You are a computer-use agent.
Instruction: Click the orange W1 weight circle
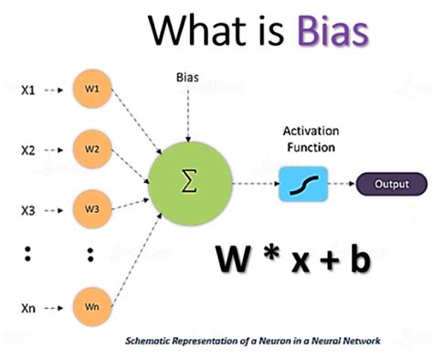pyautogui.click(x=92, y=89)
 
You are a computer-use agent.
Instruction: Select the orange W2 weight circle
pyautogui.click(x=92, y=149)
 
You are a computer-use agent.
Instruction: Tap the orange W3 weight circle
pyautogui.click(x=92, y=209)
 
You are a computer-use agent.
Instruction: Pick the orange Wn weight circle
pyautogui.click(x=92, y=307)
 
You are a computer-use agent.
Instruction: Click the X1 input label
pyautogui.click(x=27, y=90)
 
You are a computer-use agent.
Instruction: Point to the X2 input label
pyautogui.click(x=27, y=151)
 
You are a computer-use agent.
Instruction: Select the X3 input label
pyautogui.click(x=27, y=211)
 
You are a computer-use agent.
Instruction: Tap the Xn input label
pyautogui.click(x=28, y=308)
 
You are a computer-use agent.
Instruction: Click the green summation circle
pyautogui.click(x=190, y=184)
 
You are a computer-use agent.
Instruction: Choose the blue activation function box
pyautogui.click(x=303, y=184)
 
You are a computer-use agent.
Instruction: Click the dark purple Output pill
pyautogui.click(x=392, y=184)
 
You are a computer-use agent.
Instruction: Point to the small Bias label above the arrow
pyautogui.click(x=187, y=78)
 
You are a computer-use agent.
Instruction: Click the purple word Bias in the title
pyautogui.click(x=333, y=31)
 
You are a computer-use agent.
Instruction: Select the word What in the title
pyautogui.click(x=197, y=30)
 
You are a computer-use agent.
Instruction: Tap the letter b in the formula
pyautogui.click(x=361, y=259)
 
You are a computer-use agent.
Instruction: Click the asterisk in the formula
pyautogui.click(x=271, y=253)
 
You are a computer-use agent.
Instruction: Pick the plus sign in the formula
pyautogui.click(x=331, y=261)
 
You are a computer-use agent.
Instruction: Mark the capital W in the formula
pyautogui.click(x=232, y=259)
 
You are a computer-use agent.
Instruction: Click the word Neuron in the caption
pyautogui.click(x=276, y=341)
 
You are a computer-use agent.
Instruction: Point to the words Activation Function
pyautogui.click(x=311, y=139)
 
